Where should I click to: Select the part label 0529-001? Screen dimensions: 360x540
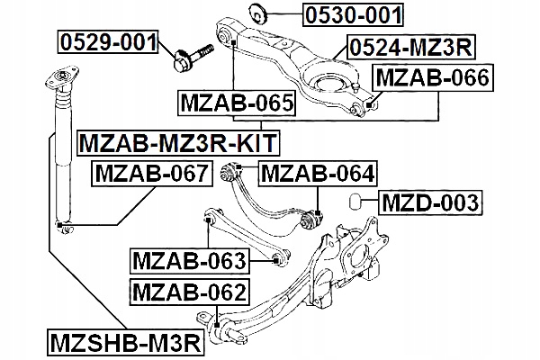[109, 41]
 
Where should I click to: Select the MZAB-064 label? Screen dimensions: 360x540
[318, 172]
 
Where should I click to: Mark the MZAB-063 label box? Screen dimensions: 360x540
[189, 261]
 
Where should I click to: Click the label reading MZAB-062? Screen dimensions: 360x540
[189, 292]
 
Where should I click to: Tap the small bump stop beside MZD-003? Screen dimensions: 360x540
[355, 201]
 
